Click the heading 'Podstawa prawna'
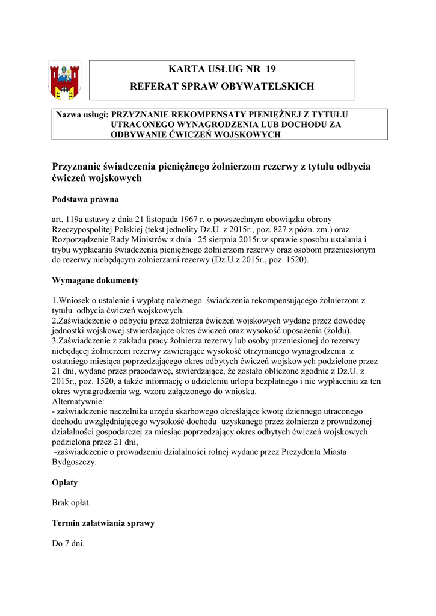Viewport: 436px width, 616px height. tap(85, 199)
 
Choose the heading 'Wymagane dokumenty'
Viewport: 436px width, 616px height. tap(96, 280)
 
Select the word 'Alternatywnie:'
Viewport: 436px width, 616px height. tap(78, 401)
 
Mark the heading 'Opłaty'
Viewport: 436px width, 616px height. tap(65, 482)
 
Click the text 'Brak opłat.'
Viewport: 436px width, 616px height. tap(72, 502)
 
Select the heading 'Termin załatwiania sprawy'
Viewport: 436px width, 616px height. tap(103, 523)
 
